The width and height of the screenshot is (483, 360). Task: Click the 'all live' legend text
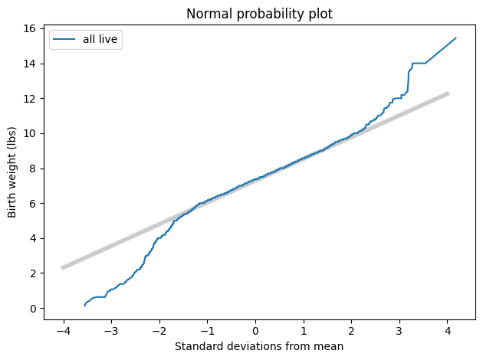[x=100, y=41]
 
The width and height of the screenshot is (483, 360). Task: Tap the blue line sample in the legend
[x=65, y=41]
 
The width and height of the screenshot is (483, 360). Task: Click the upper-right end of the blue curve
[x=456, y=38]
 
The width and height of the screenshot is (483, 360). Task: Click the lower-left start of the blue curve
[x=84, y=306]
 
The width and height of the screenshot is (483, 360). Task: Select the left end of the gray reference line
[x=63, y=268]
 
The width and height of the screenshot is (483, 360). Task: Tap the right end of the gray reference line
[x=449, y=93]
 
